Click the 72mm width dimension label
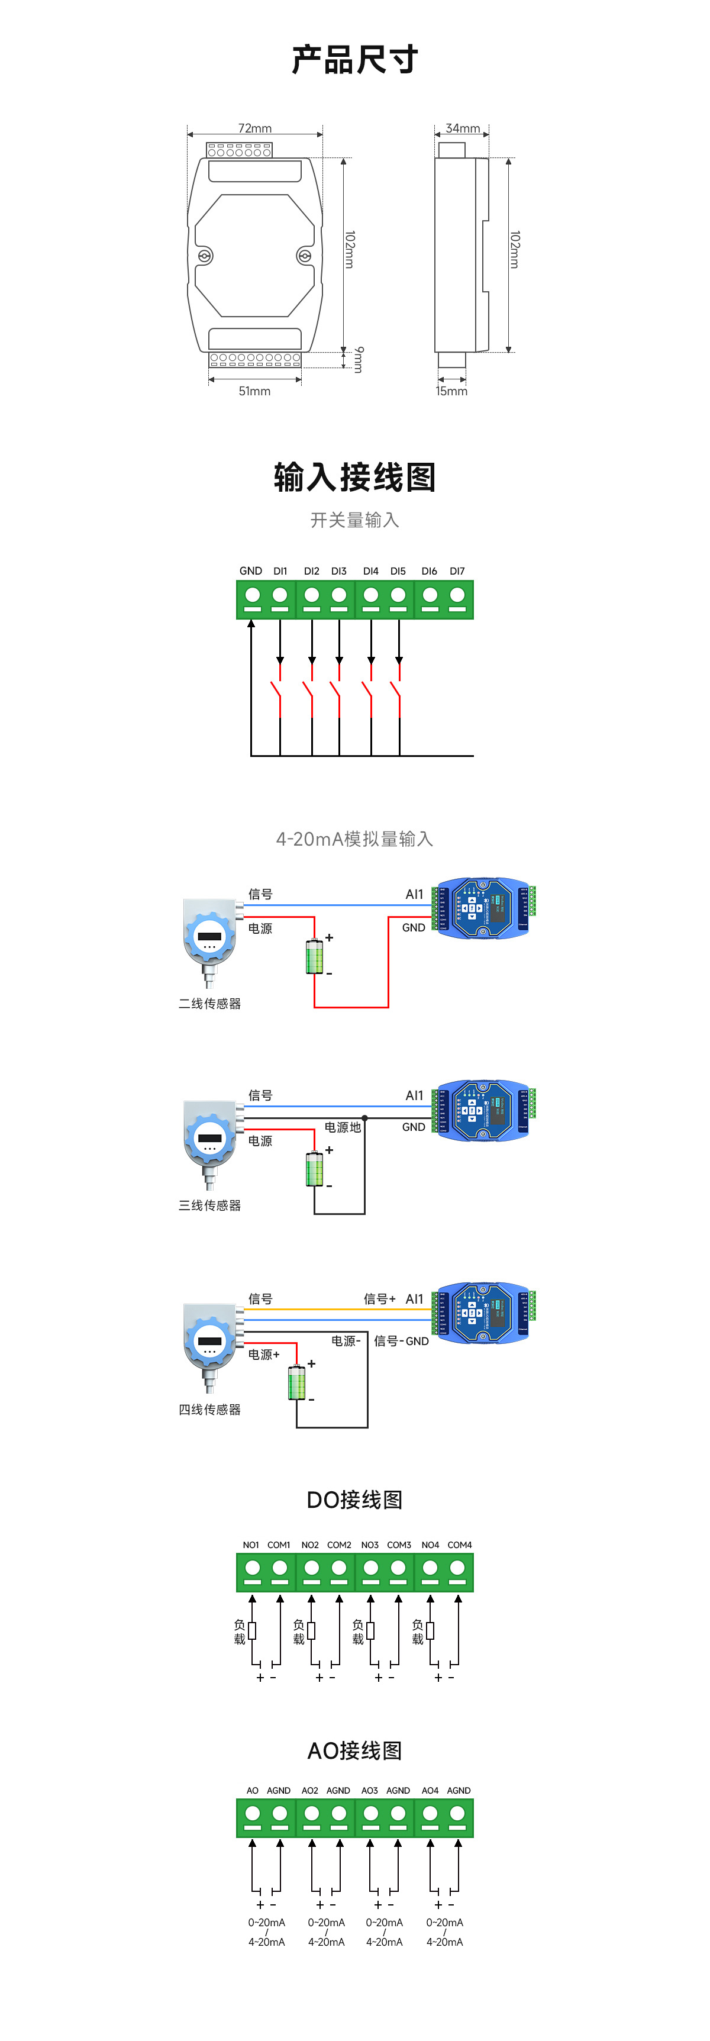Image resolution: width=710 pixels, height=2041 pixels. (254, 128)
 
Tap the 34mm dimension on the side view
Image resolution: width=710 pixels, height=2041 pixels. (462, 128)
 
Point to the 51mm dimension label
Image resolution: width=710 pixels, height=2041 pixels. (254, 391)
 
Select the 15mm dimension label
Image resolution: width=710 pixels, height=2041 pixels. (451, 391)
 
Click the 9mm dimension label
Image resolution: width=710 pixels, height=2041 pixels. (359, 360)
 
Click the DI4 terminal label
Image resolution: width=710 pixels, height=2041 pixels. (371, 571)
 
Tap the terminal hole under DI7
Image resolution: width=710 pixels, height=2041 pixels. (457, 595)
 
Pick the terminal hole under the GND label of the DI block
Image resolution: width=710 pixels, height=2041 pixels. (253, 595)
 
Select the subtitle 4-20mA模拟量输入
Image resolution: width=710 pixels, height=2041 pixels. (355, 839)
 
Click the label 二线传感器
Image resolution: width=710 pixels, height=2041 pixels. (210, 1004)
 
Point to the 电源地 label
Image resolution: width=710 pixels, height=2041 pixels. (343, 1127)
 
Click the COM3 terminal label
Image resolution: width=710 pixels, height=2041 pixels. (399, 1545)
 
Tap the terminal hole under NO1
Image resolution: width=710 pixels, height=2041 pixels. (253, 1568)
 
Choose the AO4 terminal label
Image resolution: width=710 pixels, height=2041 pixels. (430, 1791)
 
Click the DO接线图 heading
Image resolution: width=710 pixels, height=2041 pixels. (355, 1500)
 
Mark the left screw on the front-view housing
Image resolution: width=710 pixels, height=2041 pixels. (205, 256)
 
